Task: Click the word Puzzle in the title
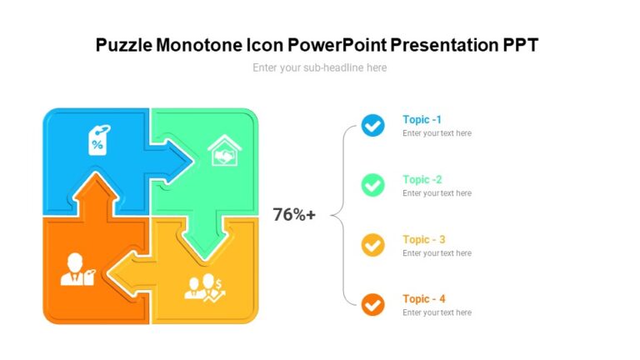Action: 123,45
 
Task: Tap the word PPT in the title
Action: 519,45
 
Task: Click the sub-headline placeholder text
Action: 319,67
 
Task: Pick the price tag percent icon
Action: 98,140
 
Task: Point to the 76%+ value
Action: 294,215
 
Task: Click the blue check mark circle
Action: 372,126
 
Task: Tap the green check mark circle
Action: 372,185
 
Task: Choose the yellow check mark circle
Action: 372,245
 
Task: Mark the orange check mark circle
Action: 372,304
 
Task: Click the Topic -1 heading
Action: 422,120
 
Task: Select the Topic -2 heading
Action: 422,179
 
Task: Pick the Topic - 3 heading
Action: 423,239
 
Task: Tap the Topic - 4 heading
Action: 423,299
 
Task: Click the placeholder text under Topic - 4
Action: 437,313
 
